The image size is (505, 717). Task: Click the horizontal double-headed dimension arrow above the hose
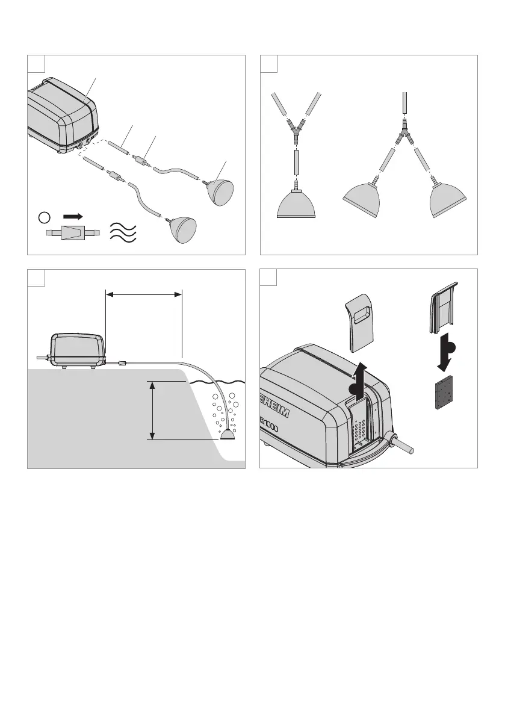click(143, 294)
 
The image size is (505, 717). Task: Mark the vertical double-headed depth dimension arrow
click(153, 411)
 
